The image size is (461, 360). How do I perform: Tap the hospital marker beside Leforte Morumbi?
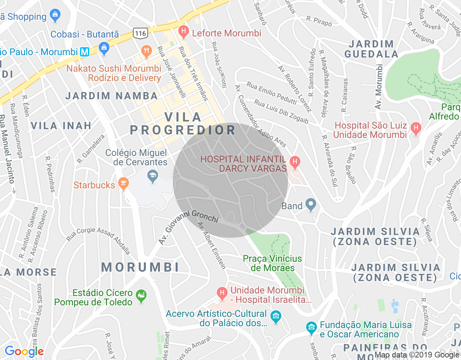pyautogui.click(x=183, y=32)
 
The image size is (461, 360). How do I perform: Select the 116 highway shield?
pyautogui.click(x=140, y=33)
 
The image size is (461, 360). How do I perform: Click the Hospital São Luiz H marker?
pyautogui.click(x=416, y=128)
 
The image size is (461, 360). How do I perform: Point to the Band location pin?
pyautogui.click(x=310, y=205)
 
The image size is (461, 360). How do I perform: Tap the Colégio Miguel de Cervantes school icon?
pyautogui.click(x=153, y=176)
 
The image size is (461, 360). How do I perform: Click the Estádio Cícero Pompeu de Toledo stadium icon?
pyautogui.click(x=141, y=296)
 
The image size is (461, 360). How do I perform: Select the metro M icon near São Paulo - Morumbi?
pyautogui.click(x=85, y=52)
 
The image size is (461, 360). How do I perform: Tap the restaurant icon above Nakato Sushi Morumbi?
pyautogui.click(x=146, y=51)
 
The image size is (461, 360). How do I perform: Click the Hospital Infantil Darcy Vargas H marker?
pyautogui.click(x=295, y=162)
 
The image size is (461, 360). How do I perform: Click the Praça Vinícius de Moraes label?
pyautogui.click(x=272, y=263)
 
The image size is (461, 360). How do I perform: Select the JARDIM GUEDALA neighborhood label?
pyautogui.click(x=371, y=49)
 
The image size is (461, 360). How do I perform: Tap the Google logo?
pyautogui.click(x=24, y=351)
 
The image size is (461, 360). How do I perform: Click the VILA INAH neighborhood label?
pyautogui.click(x=61, y=126)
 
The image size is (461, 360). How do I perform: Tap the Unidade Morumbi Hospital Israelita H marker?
pyautogui.click(x=222, y=293)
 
